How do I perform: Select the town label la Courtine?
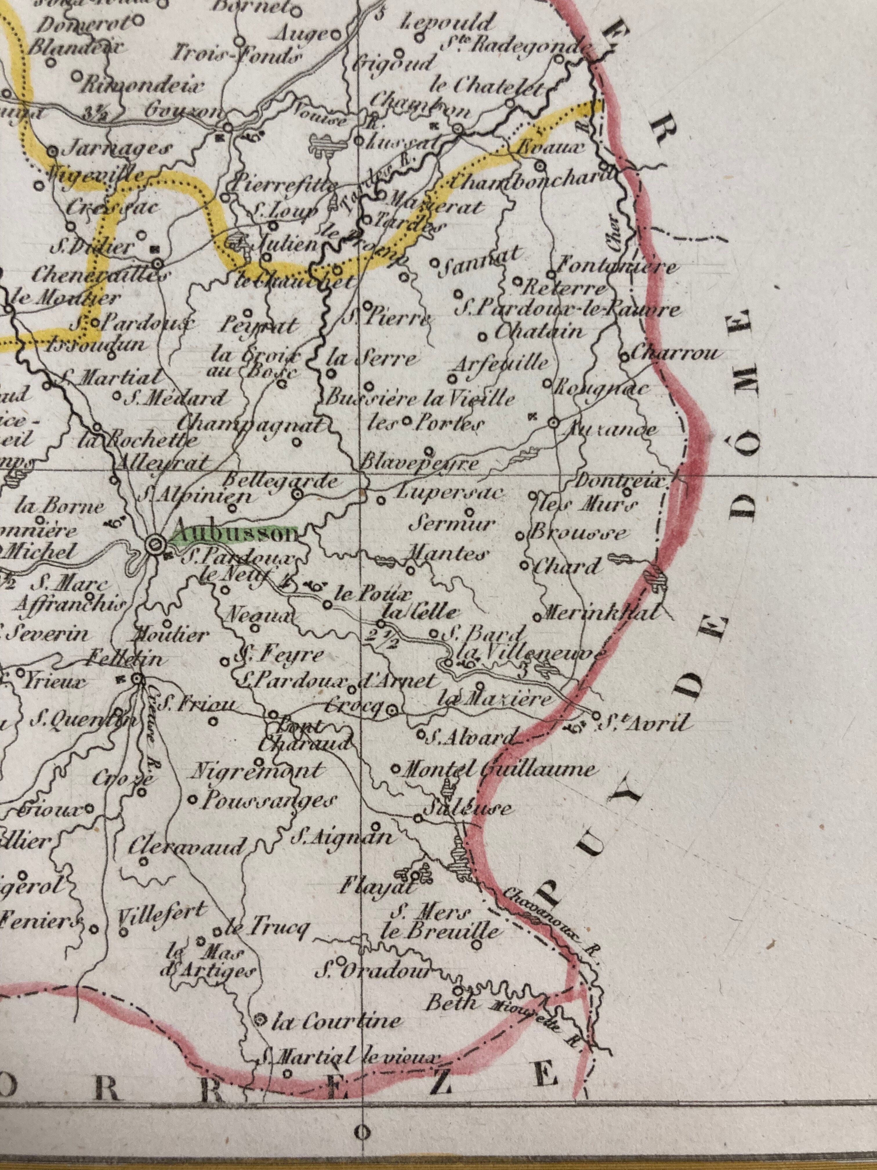click(x=336, y=1021)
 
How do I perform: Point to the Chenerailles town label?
click(x=100, y=275)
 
